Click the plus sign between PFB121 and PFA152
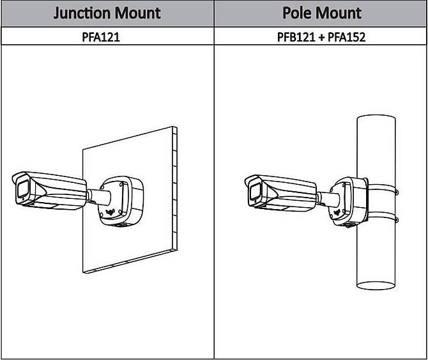pyautogui.click(x=321, y=37)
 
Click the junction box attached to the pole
pyautogui.click(x=348, y=201)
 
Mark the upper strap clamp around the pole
pyautogui.click(x=382, y=190)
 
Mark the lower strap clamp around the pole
pyautogui.click(x=382, y=219)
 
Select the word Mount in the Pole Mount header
pyautogui.click(x=339, y=13)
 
